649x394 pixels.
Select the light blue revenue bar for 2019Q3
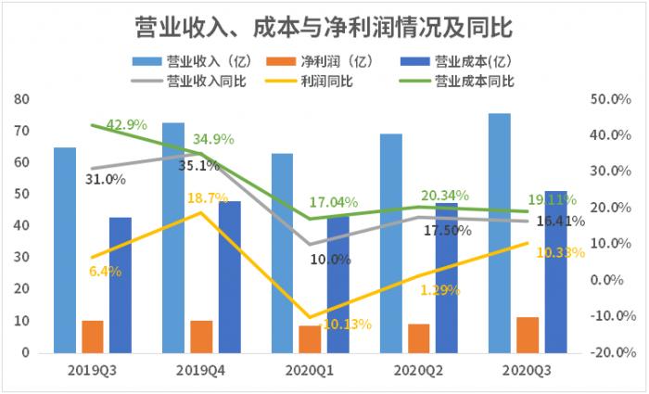65,250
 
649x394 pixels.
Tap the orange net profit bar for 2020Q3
528,335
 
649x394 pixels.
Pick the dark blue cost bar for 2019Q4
229,277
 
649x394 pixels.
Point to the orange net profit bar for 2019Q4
201,337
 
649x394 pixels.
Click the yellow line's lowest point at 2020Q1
310,317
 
